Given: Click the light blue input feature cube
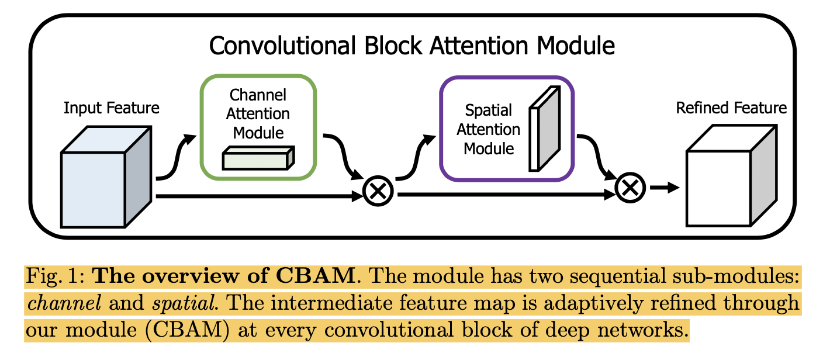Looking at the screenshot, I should pos(94,190).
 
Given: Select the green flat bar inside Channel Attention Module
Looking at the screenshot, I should pos(258,158).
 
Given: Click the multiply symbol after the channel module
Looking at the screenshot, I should pos(378,191).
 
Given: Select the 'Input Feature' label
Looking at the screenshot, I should pos(111,108).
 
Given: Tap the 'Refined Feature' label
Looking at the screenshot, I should pos(731,108).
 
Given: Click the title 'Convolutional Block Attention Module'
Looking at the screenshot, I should pos(411,45).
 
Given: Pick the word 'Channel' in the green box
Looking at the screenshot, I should pos(258,95).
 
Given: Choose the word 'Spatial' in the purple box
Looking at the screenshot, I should pos(489,110).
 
